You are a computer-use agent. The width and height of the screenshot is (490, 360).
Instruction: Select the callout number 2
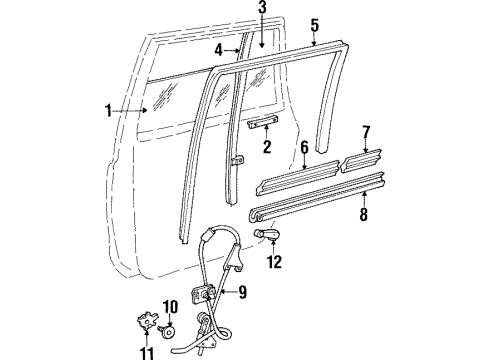266,147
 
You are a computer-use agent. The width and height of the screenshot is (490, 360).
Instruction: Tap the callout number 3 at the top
262,9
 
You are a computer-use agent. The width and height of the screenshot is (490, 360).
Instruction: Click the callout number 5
315,25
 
